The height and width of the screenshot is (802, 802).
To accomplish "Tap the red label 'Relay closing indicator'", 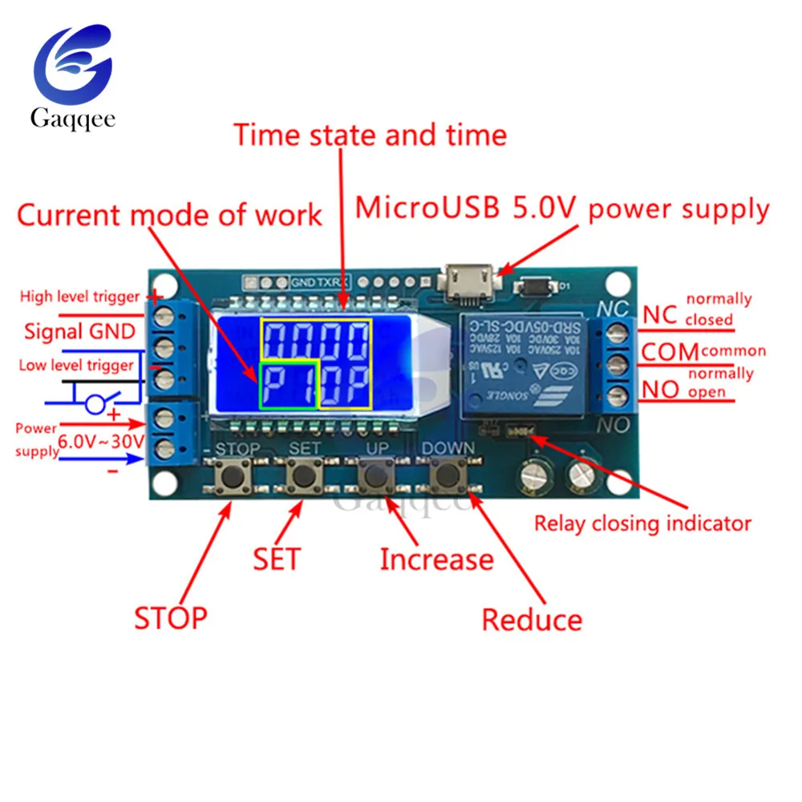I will pyautogui.click(x=642, y=525).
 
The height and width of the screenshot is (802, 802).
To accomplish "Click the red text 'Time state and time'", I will pyautogui.click(x=370, y=135).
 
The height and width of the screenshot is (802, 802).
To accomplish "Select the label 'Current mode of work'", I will pyautogui.click(x=169, y=215).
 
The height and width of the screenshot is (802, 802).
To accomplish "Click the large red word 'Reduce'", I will pyautogui.click(x=532, y=619).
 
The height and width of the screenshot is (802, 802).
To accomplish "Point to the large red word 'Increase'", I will pyautogui.click(x=436, y=559).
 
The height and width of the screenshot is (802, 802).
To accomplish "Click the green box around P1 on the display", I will pyautogui.click(x=290, y=384).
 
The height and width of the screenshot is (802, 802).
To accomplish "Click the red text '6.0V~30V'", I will pyautogui.click(x=100, y=440).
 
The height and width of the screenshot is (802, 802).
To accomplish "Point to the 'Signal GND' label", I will pyautogui.click(x=79, y=330).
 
